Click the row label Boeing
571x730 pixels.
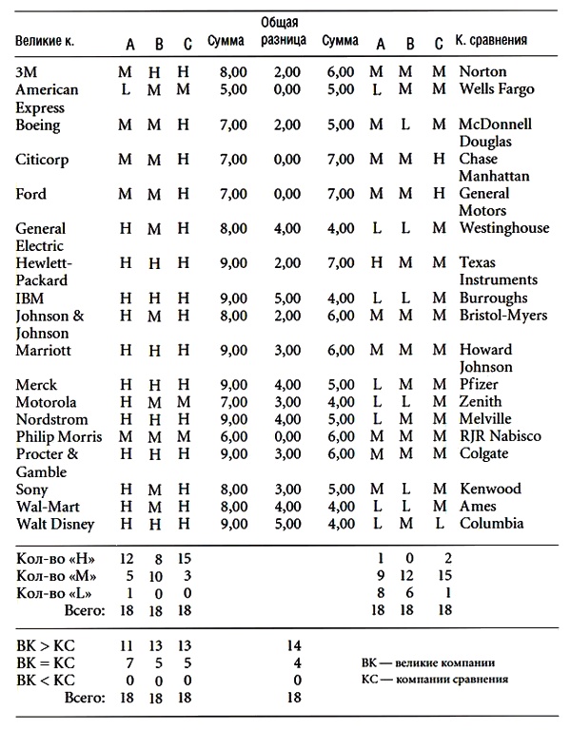click(38, 125)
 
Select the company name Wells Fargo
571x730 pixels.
click(496, 89)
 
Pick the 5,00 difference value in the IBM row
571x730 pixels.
click(284, 298)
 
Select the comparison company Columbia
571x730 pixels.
click(491, 523)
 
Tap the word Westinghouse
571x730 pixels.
click(503, 228)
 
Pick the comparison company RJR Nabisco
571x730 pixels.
click(500, 436)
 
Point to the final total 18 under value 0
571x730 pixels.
click(293, 698)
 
